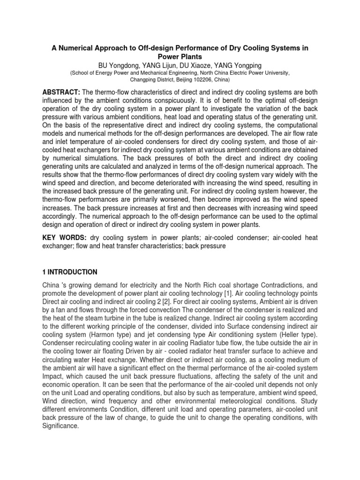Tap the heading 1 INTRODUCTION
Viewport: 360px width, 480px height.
point(69,272)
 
